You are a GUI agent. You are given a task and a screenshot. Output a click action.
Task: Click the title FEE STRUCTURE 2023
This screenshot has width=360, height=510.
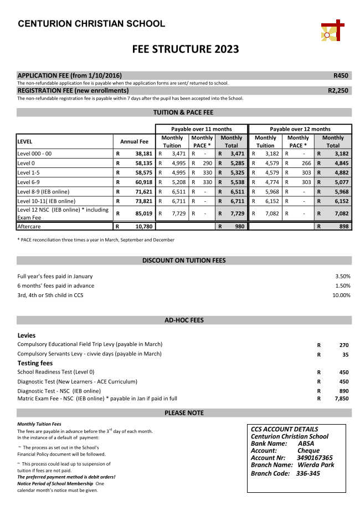[186, 49]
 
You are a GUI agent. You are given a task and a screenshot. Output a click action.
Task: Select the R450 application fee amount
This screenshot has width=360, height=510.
[341, 75]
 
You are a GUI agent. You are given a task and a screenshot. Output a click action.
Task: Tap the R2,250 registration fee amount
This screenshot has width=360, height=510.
[338, 90]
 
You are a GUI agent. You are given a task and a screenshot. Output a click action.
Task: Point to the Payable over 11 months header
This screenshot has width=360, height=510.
[201, 129]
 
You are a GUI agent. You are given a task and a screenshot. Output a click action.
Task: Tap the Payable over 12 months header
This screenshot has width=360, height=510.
[300, 129]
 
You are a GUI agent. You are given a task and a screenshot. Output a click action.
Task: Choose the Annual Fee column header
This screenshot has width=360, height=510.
[134, 142]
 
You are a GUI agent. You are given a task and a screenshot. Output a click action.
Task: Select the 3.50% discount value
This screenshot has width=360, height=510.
[343, 276]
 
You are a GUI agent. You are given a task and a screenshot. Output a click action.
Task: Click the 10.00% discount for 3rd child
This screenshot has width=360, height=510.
[341, 295]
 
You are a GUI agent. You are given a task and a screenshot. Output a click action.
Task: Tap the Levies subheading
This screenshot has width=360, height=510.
[27, 335]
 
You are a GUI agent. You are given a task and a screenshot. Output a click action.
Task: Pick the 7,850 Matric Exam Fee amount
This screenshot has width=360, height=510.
[341, 398]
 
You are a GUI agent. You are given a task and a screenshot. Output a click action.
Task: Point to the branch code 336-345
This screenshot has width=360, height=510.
[307, 473]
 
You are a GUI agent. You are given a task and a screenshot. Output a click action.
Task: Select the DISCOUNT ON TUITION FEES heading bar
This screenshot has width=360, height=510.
[184, 260]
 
